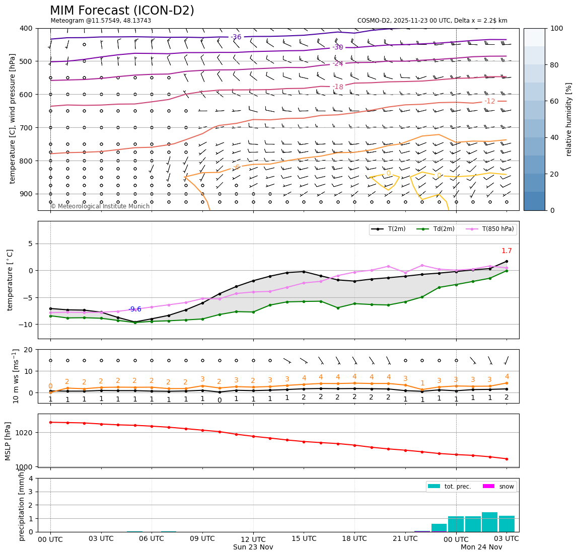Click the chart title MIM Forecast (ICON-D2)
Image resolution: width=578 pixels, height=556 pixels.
click(x=122, y=11)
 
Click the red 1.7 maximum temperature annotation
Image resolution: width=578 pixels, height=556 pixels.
click(x=507, y=251)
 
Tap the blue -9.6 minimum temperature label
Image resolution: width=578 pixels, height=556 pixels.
click(x=135, y=309)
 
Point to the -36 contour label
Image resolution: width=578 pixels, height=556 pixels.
click(x=236, y=37)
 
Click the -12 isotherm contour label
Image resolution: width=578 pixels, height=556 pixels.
click(x=490, y=101)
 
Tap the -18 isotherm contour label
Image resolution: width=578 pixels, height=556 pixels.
click(x=338, y=87)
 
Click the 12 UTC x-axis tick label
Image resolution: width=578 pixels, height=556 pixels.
click(x=253, y=538)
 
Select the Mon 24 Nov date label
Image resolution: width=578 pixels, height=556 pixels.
click(x=481, y=547)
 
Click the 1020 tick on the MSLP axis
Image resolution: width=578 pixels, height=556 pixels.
click(x=23, y=433)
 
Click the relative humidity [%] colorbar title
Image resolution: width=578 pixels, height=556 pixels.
click(x=569, y=119)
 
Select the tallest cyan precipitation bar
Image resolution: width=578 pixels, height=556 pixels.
click(x=489, y=522)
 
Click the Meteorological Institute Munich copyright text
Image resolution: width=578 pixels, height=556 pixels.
click(x=100, y=206)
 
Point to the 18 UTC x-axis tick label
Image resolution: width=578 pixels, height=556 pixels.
click(x=354, y=538)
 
